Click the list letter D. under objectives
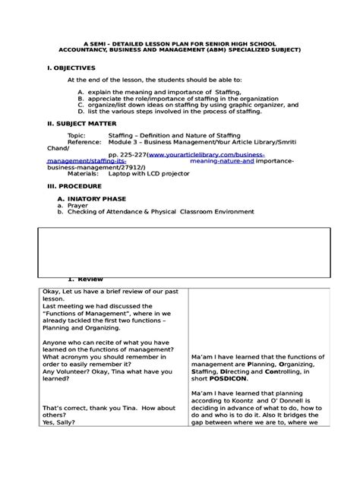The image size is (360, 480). coord(81,111)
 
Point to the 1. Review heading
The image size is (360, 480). coord(80,279)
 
